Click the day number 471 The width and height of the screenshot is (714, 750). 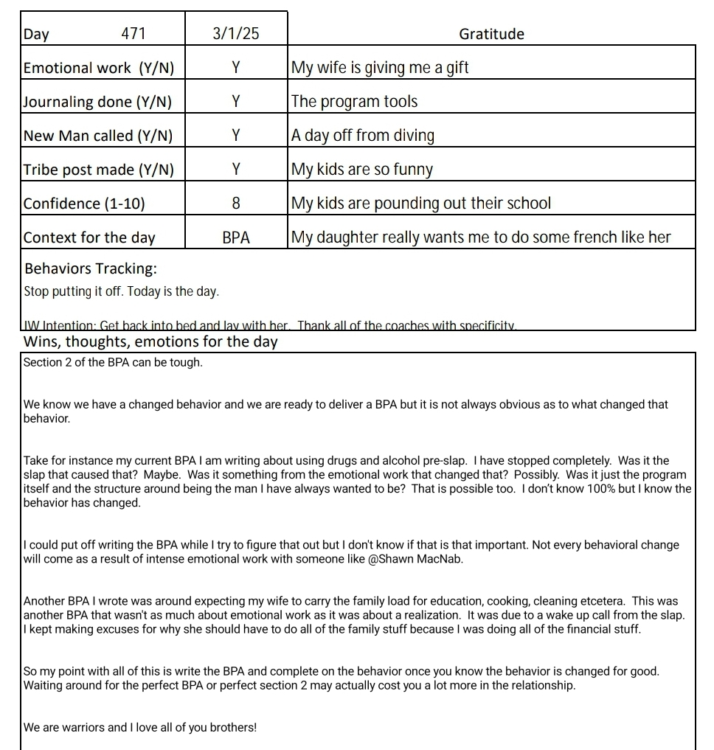pyautogui.click(x=134, y=34)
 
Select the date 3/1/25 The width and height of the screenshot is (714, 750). pyautogui.click(x=236, y=34)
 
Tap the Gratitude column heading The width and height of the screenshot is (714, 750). pyautogui.click(x=491, y=34)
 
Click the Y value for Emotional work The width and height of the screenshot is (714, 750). pyautogui.click(x=236, y=68)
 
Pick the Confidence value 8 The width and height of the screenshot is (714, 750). pyautogui.click(x=236, y=204)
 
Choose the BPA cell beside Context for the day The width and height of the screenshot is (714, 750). pyautogui.click(x=236, y=237)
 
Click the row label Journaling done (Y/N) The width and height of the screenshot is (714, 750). pyautogui.click(x=97, y=103)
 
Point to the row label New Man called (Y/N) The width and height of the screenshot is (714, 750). pyautogui.click(x=98, y=136)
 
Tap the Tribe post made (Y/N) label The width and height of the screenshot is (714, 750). pyautogui.click(x=99, y=170)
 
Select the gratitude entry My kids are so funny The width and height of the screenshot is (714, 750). pyautogui.click(x=362, y=170)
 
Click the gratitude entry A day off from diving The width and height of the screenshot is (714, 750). pyautogui.click(x=363, y=136)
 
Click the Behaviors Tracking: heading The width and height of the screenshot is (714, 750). pyautogui.click(x=91, y=268)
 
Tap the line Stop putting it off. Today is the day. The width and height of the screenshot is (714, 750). pyautogui.click(x=122, y=291)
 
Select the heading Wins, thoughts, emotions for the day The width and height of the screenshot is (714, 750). pyautogui.click(x=150, y=341)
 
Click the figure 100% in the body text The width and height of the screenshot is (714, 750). pyautogui.click(x=581, y=489)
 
